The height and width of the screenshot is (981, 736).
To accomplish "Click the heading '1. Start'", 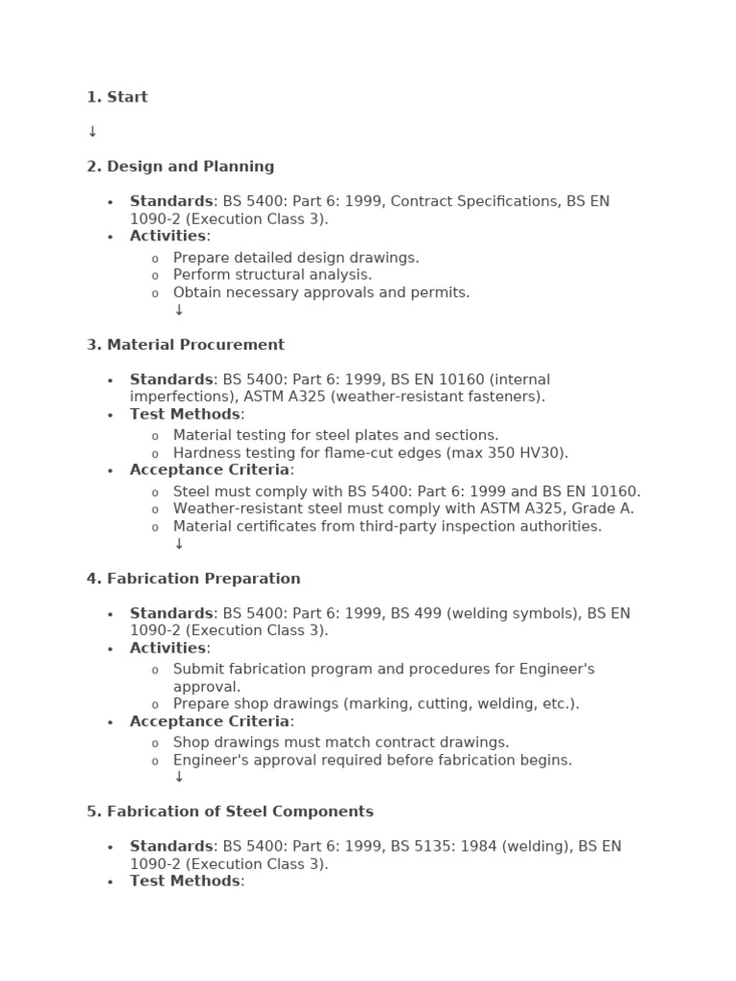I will pyautogui.click(x=117, y=97).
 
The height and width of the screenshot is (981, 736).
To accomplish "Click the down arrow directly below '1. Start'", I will pyautogui.click(x=92, y=132).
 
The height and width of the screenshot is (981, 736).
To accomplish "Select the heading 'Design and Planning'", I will pyautogui.click(x=190, y=167).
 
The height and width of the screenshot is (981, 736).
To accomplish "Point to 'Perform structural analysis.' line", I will pyautogui.click(x=272, y=275).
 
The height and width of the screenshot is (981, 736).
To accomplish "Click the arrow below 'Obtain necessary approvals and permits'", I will pyautogui.click(x=178, y=310).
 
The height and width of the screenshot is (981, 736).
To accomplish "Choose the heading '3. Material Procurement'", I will pyautogui.click(x=185, y=345).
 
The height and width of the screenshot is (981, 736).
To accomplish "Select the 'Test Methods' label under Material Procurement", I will pyautogui.click(x=185, y=415).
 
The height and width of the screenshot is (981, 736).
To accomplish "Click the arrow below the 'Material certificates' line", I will pyautogui.click(x=178, y=544).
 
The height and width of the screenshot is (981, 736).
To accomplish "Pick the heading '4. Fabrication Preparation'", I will pyautogui.click(x=194, y=579).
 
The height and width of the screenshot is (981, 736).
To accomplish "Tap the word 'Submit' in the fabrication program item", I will pyautogui.click(x=198, y=669).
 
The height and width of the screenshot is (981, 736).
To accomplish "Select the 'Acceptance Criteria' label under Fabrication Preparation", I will pyautogui.click(x=210, y=721).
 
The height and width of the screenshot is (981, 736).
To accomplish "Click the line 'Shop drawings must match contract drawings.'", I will pyautogui.click(x=341, y=742).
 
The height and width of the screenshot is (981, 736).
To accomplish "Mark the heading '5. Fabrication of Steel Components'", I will pyautogui.click(x=230, y=811).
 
